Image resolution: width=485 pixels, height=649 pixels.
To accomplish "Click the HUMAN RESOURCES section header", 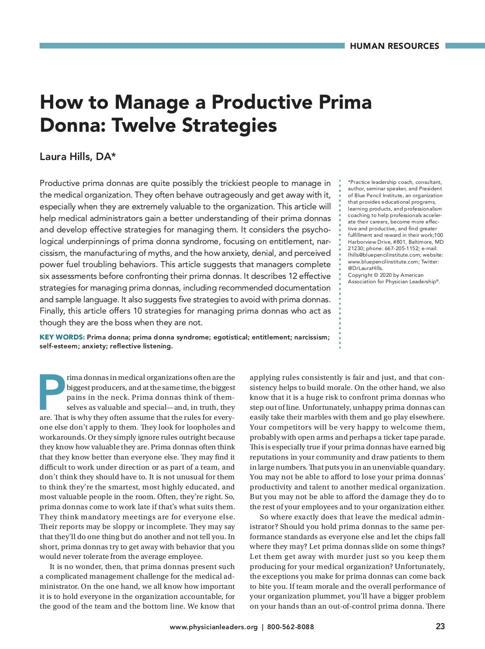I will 394,46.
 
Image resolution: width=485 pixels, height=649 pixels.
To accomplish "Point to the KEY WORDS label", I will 62,337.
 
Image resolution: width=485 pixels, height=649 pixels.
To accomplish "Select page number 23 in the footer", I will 440,626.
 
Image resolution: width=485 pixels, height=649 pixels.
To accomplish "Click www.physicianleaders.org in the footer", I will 213,627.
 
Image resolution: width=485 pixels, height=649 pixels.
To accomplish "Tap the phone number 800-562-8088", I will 290,627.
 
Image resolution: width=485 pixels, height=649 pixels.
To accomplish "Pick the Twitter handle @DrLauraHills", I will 365,268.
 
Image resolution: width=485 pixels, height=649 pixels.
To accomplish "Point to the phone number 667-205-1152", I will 402,249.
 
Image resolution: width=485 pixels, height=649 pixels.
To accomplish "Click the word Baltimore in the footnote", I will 421,242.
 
